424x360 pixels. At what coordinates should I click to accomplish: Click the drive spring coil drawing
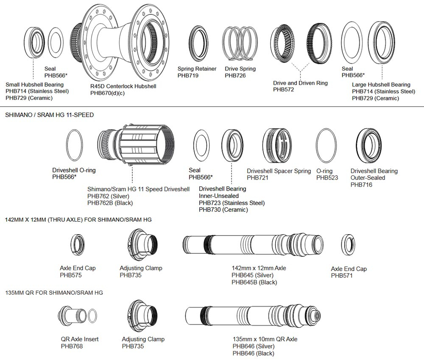[240, 43]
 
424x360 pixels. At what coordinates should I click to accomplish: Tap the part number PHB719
[188, 76]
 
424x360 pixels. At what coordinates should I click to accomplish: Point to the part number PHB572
[284, 90]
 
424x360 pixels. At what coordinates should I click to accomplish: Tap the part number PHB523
[327, 178]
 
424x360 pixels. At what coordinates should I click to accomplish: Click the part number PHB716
[361, 185]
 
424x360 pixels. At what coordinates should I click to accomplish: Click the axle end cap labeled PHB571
[348, 245]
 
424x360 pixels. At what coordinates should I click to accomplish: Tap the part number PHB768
[72, 346]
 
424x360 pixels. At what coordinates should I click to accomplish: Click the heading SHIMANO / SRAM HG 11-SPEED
[49, 115]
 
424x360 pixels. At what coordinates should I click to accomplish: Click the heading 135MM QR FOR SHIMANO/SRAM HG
[54, 293]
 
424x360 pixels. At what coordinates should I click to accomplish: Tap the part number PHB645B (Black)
[254, 282]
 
